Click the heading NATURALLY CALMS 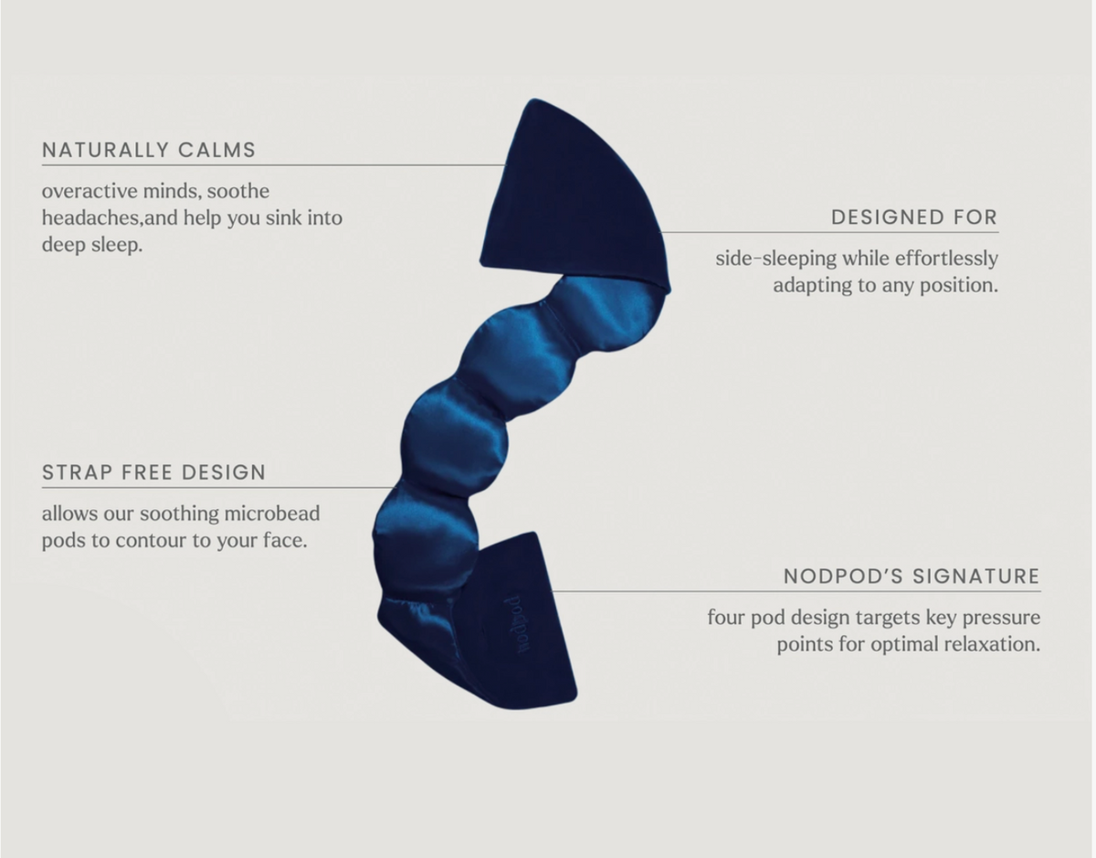149,150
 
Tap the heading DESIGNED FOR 914,217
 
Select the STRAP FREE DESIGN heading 153,472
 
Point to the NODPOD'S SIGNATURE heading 912,576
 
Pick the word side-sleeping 775,259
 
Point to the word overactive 90,191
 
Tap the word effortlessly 947,259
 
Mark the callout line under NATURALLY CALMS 273,165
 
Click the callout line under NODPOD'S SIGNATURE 795,591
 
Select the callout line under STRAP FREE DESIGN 218,488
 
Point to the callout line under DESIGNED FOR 829,232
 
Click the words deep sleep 92,245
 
